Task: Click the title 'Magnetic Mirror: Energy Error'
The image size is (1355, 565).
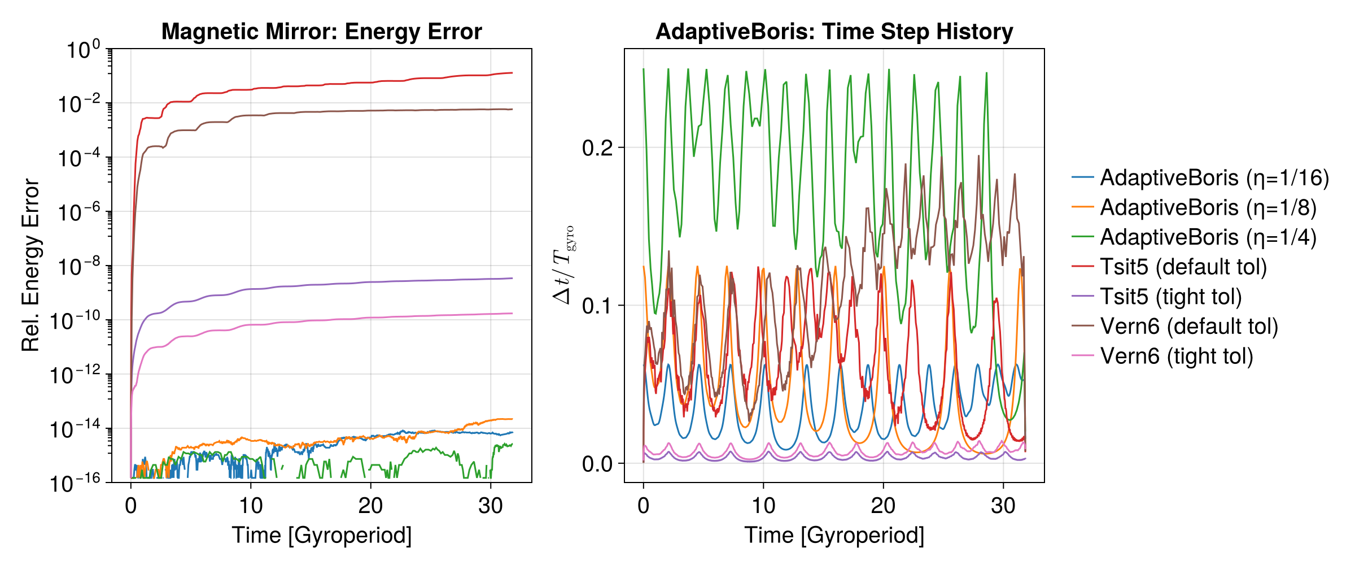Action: tap(322, 32)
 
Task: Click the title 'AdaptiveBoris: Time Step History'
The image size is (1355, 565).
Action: tap(834, 32)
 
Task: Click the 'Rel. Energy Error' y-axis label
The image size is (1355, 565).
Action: tap(30, 266)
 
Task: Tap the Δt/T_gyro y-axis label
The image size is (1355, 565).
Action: tap(563, 264)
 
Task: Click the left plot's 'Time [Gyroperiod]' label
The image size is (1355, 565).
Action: tap(322, 534)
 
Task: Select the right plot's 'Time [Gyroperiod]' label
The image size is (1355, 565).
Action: tap(834, 534)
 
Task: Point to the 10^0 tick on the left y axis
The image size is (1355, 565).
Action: tap(83, 50)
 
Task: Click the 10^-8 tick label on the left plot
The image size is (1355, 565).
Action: tap(80, 267)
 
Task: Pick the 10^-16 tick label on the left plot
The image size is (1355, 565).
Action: tap(76, 484)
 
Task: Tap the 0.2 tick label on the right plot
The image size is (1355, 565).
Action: tap(597, 148)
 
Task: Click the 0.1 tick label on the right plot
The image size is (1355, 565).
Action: tap(597, 306)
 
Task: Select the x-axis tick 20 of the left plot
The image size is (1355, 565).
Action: tap(370, 505)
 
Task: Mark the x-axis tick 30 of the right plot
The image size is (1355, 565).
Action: tap(1003, 505)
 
